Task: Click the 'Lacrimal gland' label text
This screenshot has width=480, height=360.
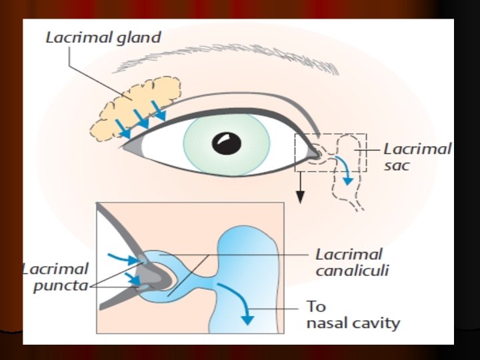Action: click(103, 37)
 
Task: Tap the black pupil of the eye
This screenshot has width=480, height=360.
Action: click(227, 143)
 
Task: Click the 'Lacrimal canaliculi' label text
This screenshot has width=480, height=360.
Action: click(351, 263)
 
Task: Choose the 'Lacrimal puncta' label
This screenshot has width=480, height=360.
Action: click(57, 277)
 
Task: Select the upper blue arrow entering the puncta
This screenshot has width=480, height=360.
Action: click(127, 258)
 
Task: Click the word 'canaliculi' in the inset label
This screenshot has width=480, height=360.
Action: click(352, 271)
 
